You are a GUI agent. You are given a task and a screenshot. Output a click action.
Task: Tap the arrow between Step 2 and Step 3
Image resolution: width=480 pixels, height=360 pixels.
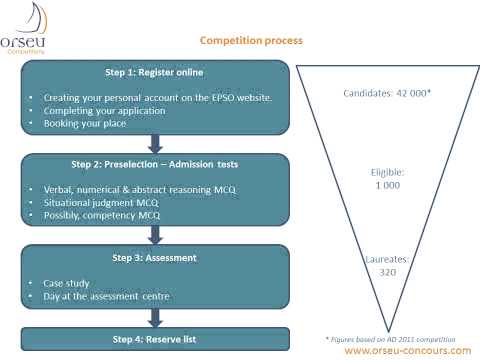[155, 237]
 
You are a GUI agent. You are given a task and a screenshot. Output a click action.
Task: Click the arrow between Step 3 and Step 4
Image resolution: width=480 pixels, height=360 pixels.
[155, 318]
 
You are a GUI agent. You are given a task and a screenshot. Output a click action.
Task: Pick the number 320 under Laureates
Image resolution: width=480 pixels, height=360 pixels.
[387, 272]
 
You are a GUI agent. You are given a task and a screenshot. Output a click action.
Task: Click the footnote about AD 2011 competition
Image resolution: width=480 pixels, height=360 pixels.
[397, 337]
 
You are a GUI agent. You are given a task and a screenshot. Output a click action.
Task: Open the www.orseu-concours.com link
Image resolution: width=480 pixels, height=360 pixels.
[406, 350]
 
